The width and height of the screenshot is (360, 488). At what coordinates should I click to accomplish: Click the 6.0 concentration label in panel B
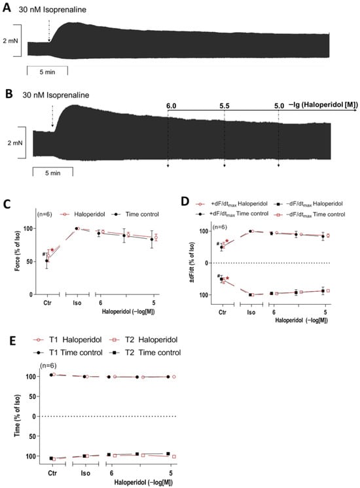click(171, 105)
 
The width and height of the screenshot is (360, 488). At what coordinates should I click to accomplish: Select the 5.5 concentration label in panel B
click(225, 105)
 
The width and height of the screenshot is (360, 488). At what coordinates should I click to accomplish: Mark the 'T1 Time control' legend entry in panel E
click(69, 353)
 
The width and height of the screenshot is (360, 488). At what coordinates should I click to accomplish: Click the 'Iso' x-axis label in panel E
click(86, 472)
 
